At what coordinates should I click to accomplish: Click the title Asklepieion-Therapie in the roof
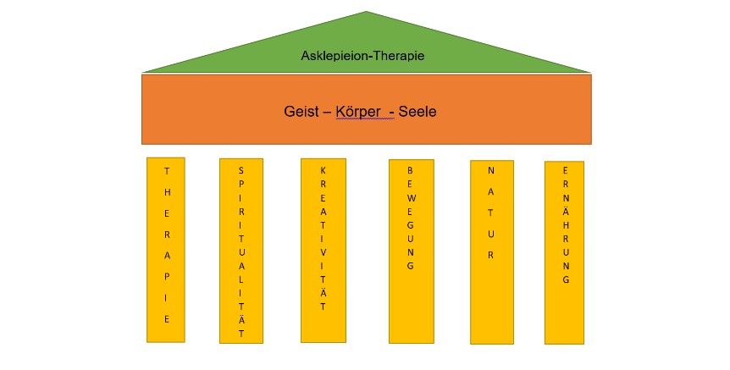pos(362,57)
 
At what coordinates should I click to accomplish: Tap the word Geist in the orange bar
pos(302,111)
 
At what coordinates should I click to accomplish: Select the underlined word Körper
pos(364,111)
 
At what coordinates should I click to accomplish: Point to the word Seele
pos(418,111)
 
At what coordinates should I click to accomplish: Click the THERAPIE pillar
pos(165,250)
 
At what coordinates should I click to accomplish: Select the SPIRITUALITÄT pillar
pos(241,251)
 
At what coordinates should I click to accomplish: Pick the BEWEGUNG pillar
pos(411,251)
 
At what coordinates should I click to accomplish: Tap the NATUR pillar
pos(491,251)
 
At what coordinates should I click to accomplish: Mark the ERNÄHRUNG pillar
pos(564,252)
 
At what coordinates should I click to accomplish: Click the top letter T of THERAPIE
pos(166,168)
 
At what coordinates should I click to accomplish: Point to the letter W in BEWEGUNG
pos(410,200)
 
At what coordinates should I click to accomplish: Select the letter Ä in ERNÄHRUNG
pos(564,212)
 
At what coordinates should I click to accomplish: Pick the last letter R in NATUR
pos(491,254)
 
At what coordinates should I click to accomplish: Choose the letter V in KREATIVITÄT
pos(324,251)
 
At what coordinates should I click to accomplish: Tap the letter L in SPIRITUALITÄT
pos(241,279)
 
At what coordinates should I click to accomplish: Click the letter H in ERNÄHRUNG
pos(564,225)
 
